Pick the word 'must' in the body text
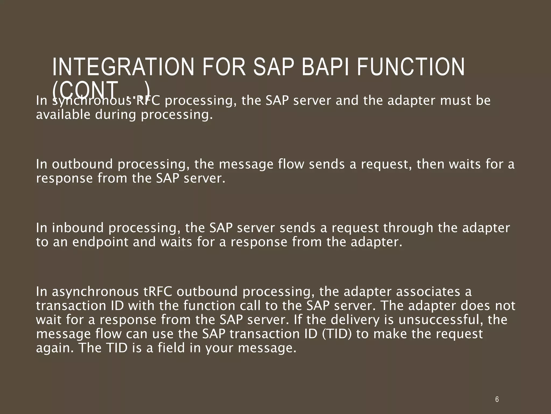455,101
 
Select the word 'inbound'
78,228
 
